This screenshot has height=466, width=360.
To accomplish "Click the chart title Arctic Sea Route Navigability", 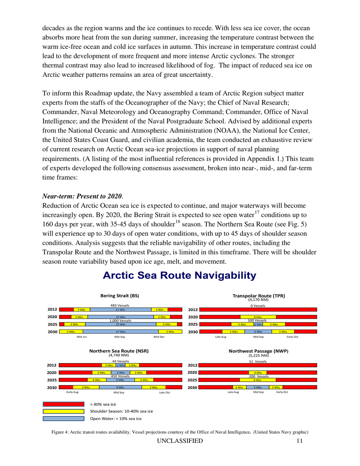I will click(x=180, y=275).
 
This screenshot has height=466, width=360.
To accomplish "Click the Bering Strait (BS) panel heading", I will click(x=119, y=296).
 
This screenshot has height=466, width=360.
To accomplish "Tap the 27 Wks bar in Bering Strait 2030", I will click(x=120, y=332).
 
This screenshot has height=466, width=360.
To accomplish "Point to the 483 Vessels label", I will click(x=120, y=305).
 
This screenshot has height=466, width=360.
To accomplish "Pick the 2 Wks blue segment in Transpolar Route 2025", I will click(x=258, y=324).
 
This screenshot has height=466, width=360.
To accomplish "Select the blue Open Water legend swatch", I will click(x=63, y=419).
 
